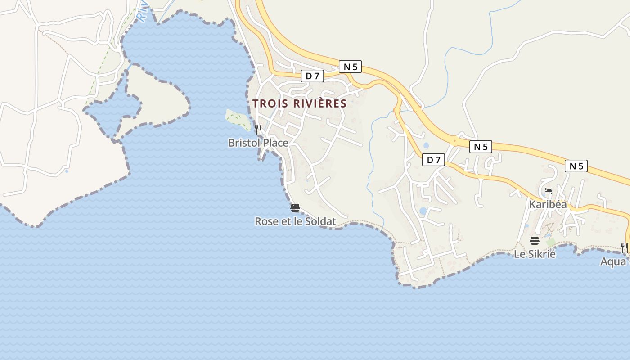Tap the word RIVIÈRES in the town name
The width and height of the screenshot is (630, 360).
coord(319,103)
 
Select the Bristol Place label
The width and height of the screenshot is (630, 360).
coord(258,143)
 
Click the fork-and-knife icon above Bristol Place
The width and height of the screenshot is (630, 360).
coord(258,130)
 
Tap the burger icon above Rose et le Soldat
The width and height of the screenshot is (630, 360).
coord(295,208)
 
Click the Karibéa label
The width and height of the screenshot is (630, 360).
coord(548,204)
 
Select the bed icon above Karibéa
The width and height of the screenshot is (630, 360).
coord(548,191)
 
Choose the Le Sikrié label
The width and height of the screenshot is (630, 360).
coord(535,254)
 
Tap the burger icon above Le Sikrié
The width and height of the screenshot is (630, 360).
coord(535,241)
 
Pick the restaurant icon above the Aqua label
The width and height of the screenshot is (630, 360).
coord(624,247)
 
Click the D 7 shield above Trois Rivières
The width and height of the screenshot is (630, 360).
coord(312,76)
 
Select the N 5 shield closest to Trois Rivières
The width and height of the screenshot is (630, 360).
coord(350,67)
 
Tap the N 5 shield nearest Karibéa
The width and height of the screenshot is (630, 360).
coord(576,166)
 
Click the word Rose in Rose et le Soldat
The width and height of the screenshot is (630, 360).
coord(265,221)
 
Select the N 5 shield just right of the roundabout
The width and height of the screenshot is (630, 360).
coord(481,147)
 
